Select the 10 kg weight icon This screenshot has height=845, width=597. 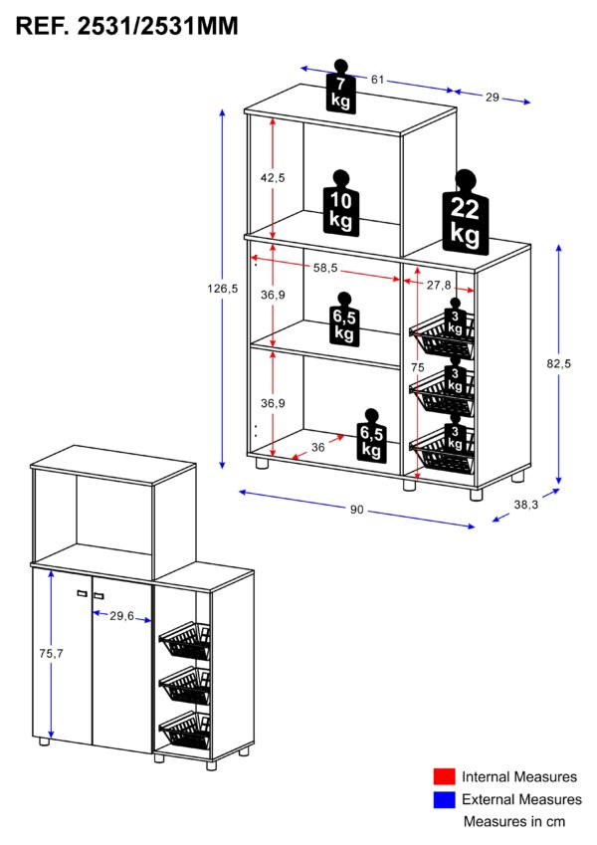point(339,203)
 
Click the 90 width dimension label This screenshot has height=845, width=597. point(357,510)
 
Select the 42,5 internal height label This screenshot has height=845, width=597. point(273,177)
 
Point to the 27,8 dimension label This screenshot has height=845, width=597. point(439,285)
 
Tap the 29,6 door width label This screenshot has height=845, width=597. point(121,616)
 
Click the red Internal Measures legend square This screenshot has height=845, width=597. point(445,776)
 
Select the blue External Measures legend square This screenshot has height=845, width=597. point(445,799)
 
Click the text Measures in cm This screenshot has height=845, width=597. point(514,822)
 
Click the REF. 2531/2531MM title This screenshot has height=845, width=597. point(127,27)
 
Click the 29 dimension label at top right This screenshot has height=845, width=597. point(493,98)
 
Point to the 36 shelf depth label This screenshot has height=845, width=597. point(318,448)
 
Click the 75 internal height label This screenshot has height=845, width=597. point(418,366)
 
